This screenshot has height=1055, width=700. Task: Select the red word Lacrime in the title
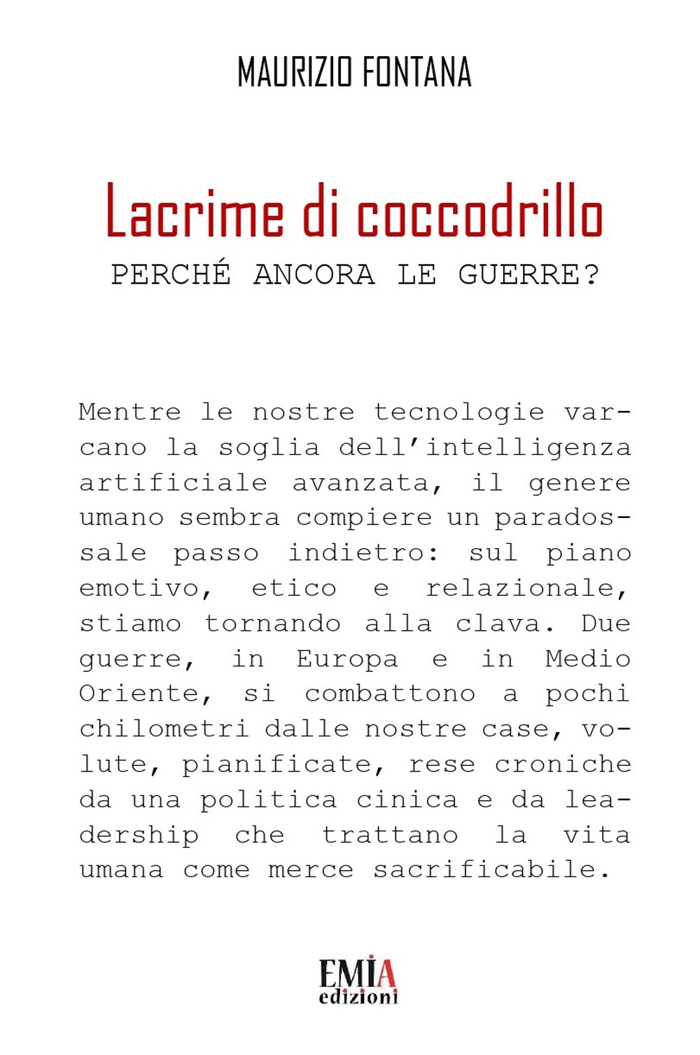195,212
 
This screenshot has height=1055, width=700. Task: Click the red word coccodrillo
479,212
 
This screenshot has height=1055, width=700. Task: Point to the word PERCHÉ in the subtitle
171,274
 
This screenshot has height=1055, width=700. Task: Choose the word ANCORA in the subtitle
314,274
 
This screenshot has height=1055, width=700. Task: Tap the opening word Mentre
129,412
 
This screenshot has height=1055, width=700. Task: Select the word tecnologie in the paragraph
458,412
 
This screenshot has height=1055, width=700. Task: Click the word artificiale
173,482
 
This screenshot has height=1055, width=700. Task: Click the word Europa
346,659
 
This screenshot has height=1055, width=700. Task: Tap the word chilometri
163,729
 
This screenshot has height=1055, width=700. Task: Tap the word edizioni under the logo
358,996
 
